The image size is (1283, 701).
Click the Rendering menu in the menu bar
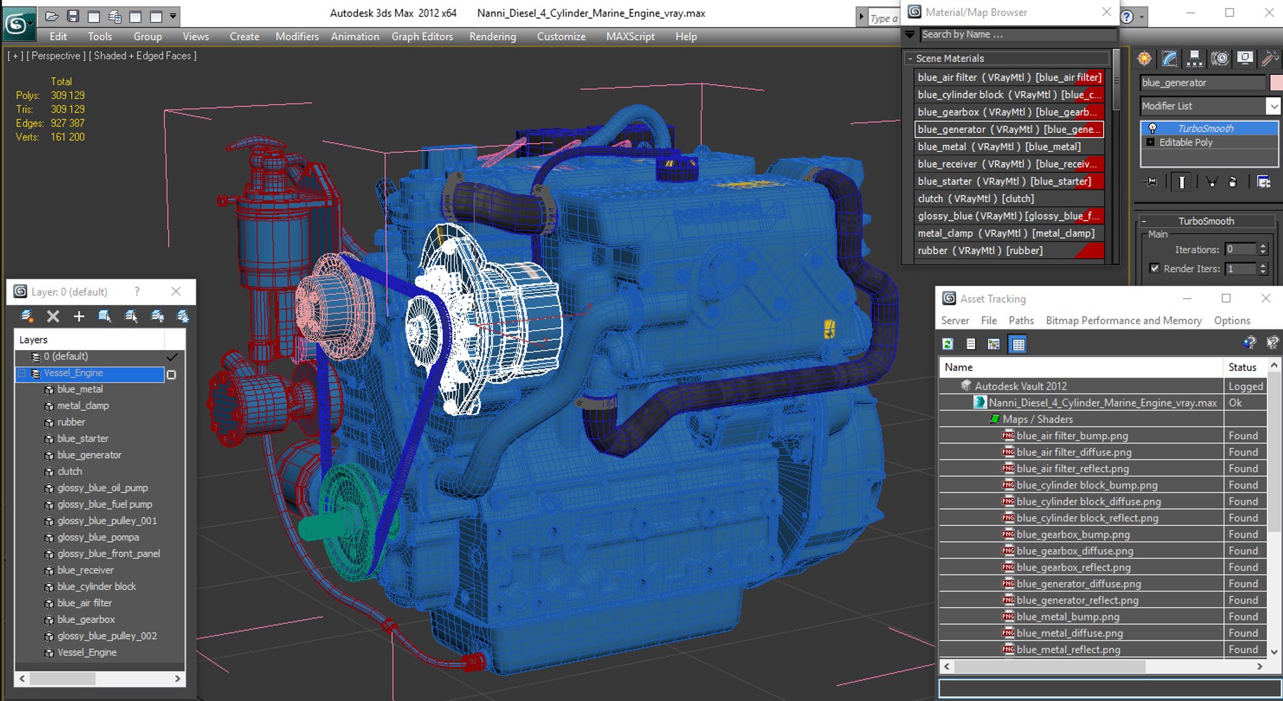click(492, 37)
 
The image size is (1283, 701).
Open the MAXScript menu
click(630, 37)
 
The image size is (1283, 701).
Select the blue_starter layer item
click(83, 438)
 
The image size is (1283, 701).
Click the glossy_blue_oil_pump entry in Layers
click(102, 488)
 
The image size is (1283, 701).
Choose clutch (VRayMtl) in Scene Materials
click(975, 198)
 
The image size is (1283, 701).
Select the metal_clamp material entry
click(1006, 233)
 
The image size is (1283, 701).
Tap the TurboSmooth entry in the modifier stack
click(1205, 128)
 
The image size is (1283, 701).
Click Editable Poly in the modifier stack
click(1185, 142)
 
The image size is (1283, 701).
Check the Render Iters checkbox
click(1155, 268)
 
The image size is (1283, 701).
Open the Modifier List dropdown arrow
click(1274, 106)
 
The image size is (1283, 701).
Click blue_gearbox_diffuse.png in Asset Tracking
click(1075, 551)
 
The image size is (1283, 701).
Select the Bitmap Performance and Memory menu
click(1123, 321)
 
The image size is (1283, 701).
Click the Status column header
click(1242, 368)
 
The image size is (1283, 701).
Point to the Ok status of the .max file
click(1235, 403)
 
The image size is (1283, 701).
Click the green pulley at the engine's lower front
click(347, 521)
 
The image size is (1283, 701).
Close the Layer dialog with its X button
click(176, 291)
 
